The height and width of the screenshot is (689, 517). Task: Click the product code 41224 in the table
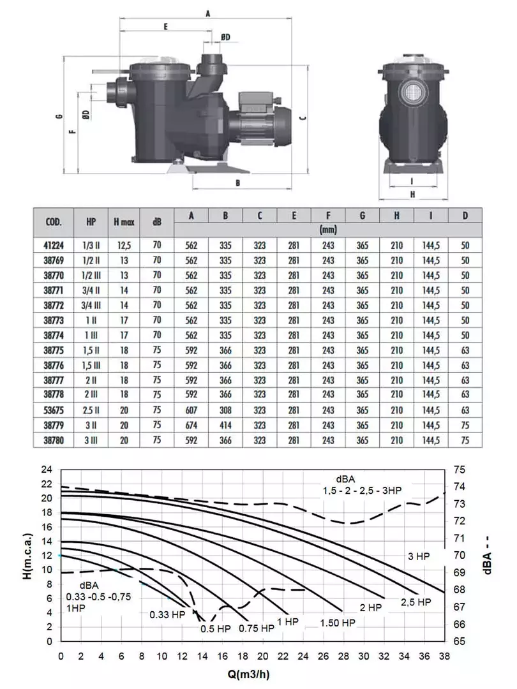pos(54,245)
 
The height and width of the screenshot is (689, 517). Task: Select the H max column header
pos(124,223)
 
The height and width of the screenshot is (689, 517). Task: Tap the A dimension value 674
pos(191,426)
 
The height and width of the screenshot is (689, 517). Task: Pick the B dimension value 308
pos(225,410)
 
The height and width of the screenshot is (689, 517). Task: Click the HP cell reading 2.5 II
pos(91,410)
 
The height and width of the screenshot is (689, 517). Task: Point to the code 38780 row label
pos(54,440)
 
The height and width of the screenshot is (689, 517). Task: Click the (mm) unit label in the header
pos(328,230)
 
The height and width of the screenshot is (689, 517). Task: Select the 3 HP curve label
pos(419,556)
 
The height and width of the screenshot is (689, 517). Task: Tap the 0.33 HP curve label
pos(167,615)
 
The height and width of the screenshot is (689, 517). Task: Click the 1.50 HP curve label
pos(338,623)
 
